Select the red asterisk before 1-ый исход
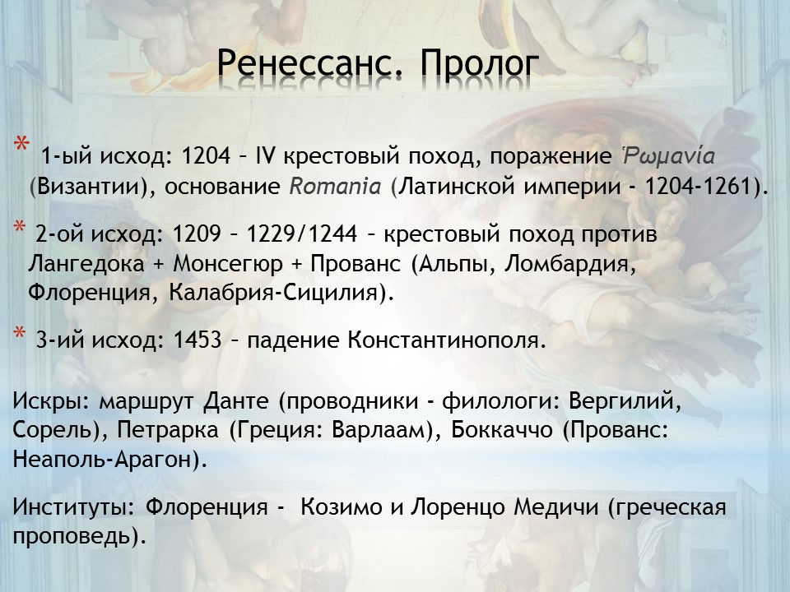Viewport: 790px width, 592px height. click(21, 144)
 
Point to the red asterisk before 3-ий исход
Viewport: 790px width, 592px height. click(19, 333)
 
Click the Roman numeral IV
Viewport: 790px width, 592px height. click(266, 156)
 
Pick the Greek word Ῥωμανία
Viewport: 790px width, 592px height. click(668, 155)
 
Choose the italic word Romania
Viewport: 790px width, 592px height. click(335, 187)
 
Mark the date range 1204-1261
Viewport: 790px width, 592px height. click(699, 187)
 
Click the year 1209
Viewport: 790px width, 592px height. click(197, 234)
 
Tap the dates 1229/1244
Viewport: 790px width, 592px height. click(302, 234)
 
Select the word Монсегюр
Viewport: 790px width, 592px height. click(228, 264)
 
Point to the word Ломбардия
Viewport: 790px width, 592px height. click(570, 264)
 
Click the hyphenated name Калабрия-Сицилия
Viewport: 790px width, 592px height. click(273, 293)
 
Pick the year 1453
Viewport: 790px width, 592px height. click(197, 340)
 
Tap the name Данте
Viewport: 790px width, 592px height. click(236, 401)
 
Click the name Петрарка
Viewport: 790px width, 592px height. click(167, 430)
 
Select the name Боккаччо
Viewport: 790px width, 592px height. click(501, 430)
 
